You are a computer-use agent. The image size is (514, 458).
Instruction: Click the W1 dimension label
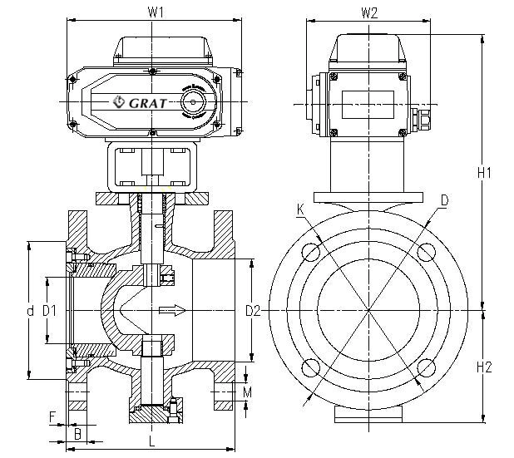pyautogui.click(x=155, y=12)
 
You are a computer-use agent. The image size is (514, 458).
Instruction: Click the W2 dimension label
pyautogui.click(x=370, y=12)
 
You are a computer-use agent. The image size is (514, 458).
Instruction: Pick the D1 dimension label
pyautogui.click(x=49, y=311)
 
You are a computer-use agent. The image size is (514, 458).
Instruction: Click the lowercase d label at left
pyautogui.click(x=30, y=311)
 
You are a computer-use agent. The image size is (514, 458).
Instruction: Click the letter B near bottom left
pyautogui.click(x=77, y=433)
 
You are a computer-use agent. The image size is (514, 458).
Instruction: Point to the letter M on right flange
pyautogui.click(x=246, y=392)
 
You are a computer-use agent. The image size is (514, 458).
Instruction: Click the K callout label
pyautogui.click(x=299, y=210)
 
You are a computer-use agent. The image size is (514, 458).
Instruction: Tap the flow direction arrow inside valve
pyautogui.click(x=171, y=311)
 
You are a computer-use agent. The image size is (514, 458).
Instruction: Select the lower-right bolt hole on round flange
pyautogui.click(x=425, y=367)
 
